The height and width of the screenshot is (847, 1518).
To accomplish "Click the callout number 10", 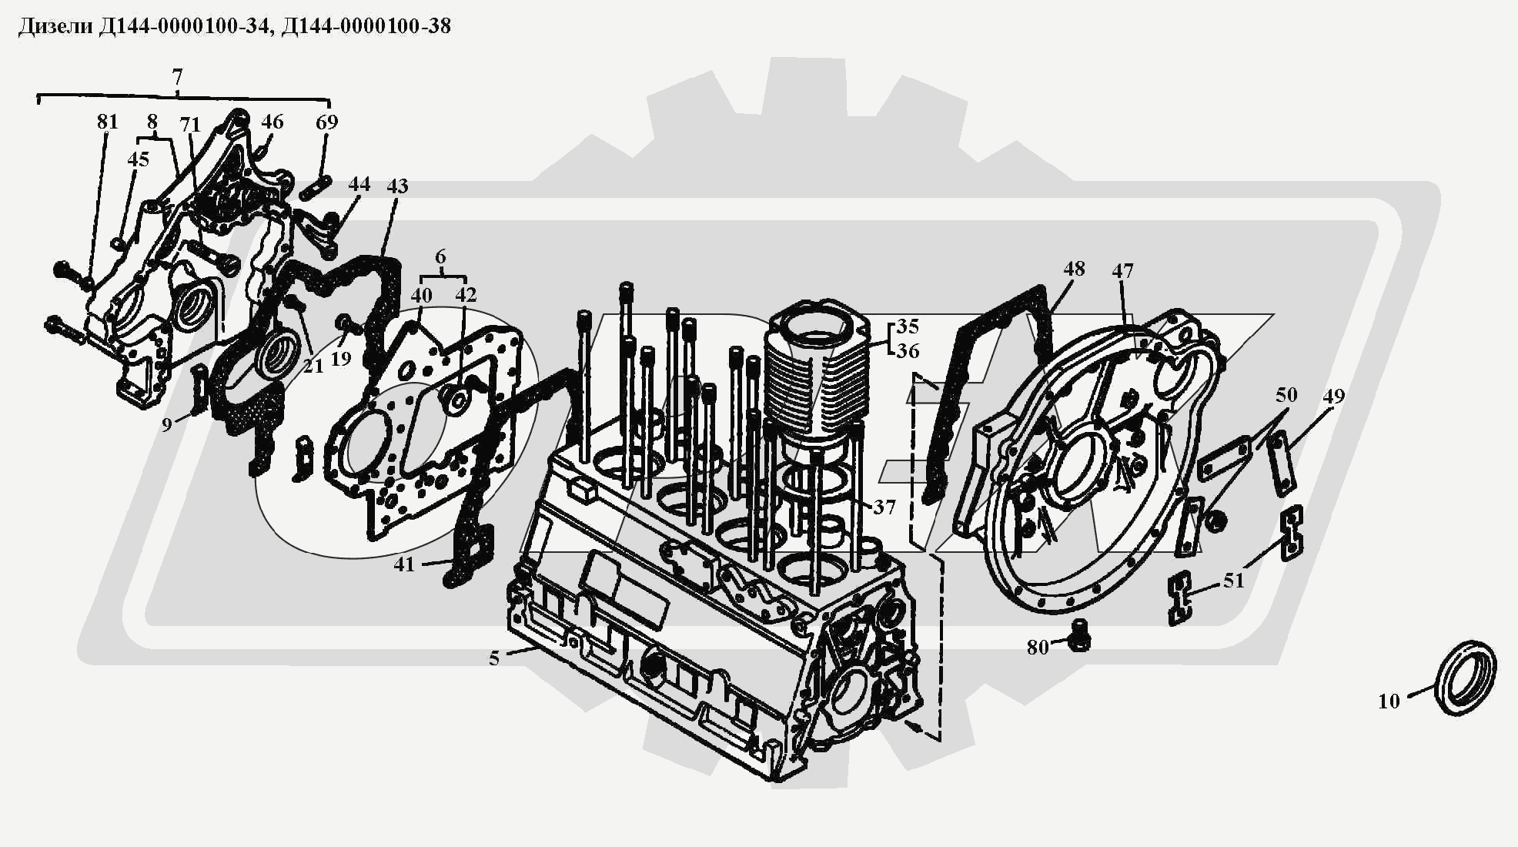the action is pyautogui.click(x=1388, y=701).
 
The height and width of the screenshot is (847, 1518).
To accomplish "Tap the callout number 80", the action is pyautogui.click(x=1038, y=648).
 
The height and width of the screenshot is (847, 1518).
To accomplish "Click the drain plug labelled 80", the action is pyautogui.click(x=1079, y=632).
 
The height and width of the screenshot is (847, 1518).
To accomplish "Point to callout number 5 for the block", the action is pyautogui.click(x=494, y=658).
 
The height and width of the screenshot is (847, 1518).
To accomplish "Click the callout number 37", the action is pyautogui.click(x=884, y=507).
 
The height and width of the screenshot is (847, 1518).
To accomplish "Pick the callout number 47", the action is pyautogui.click(x=1122, y=270).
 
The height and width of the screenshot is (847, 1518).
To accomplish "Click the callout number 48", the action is pyautogui.click(x=1074, y=268).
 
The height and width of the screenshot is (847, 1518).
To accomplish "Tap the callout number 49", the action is pyautogui.click(x=1333, y=396).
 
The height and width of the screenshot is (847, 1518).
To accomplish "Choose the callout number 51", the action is pyautogui.click(x=1234, y=580).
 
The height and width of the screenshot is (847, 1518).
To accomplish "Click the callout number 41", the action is pyautogui.click(x=404, y=564).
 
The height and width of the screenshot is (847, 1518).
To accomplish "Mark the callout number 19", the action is pyautogui.click(x=341, y=358).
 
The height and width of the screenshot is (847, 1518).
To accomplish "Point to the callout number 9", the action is pyautogui.click(x=167, y=424).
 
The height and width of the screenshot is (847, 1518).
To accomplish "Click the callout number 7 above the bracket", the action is pyautogui.click(x=178, y=77).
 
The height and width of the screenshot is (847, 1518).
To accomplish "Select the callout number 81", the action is pyautogui.click(x=108, y=122).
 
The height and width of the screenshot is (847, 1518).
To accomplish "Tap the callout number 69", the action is pyautogui.click(x=327, y=122).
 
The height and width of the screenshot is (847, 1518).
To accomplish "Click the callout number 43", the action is pyautogui.click(x=397, y=186).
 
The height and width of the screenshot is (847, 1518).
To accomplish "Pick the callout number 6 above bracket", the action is pyautogui.click(x=440, y=256).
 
